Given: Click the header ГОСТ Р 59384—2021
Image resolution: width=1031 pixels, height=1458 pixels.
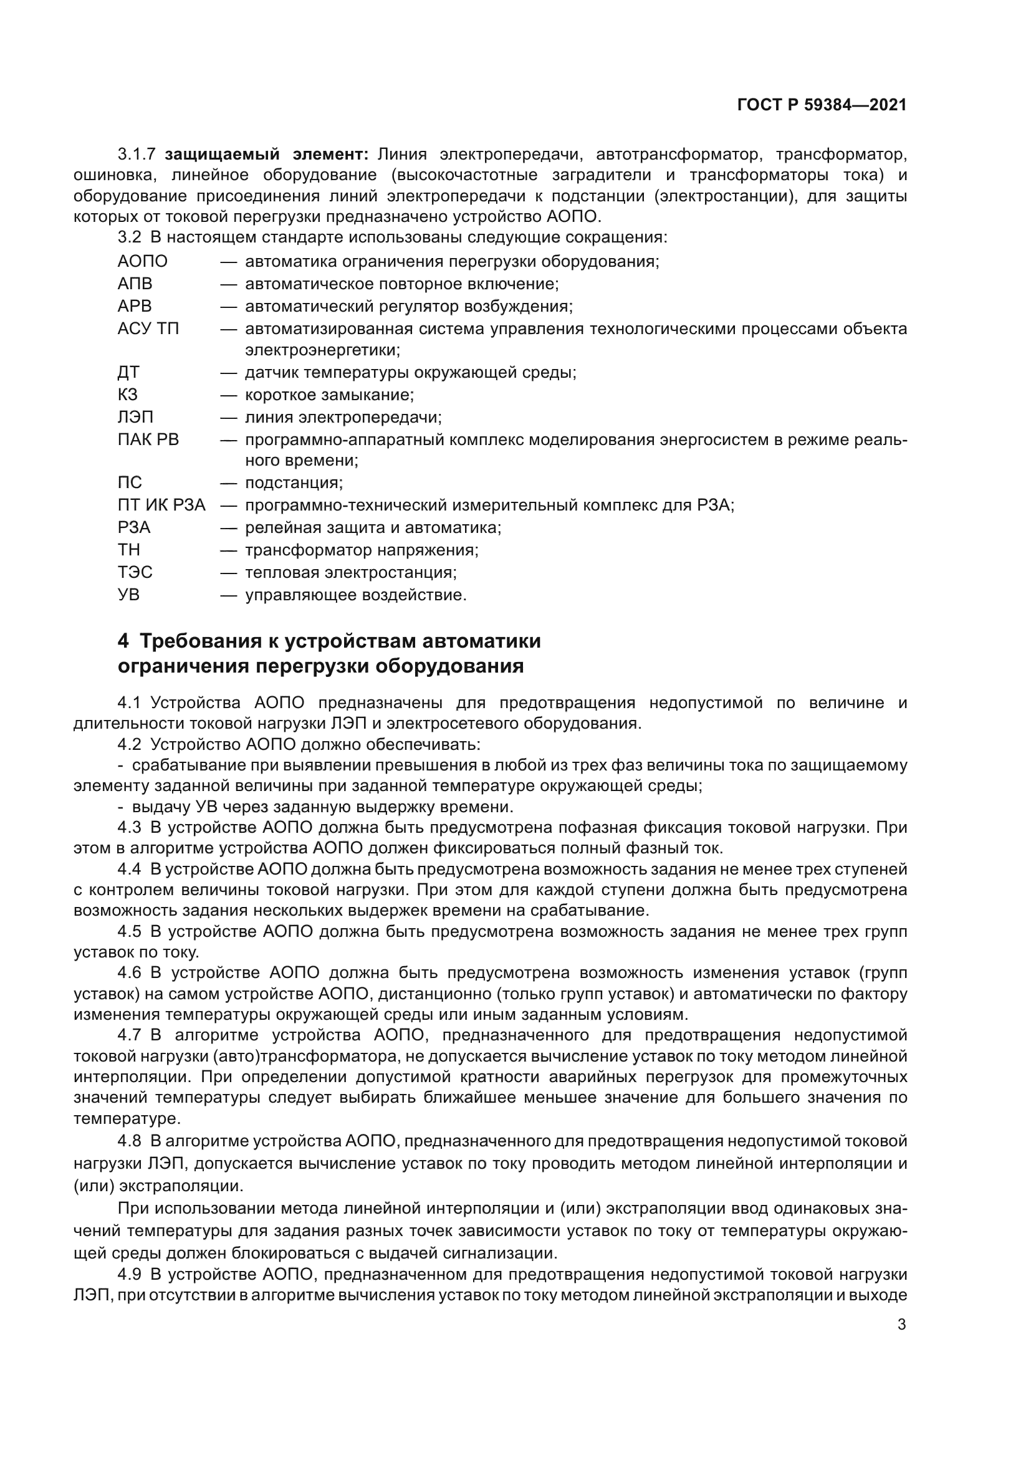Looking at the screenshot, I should [x=822, y=105].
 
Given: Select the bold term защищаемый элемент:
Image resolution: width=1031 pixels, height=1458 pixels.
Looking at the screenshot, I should [x=266, y=155].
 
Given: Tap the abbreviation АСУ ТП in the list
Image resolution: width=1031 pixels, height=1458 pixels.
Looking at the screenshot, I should [x=148, y=329].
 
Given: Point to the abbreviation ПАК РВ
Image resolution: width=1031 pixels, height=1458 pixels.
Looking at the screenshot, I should [x=148, y=439].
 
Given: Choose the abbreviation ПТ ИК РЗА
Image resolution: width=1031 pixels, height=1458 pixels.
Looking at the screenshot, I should [x=161, y=506].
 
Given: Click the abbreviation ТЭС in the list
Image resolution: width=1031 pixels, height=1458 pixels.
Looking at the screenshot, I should [x=135, y=573].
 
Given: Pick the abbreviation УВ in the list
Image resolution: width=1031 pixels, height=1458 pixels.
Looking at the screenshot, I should [x=128, y=595].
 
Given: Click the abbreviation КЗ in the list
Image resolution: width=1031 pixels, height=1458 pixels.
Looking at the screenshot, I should [x=127, y=395].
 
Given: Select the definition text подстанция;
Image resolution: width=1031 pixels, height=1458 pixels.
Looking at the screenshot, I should [x=294, y=483].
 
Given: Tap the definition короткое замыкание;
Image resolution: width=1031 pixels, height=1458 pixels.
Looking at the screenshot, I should [x=330, y=395].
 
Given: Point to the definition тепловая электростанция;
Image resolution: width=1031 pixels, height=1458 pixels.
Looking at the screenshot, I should [x=350, y=573].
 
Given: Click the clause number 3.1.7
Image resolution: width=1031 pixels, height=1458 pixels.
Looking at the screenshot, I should [x=137, y=155].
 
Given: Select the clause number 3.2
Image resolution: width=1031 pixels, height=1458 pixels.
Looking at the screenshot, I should [x=129, y=237].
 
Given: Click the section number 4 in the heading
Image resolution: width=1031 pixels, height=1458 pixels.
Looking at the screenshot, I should [x=123, y=641].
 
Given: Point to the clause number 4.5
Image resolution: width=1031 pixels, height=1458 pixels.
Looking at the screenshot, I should [x=129, y=931].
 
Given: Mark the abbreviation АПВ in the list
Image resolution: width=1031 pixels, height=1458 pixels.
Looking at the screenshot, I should [x=135, y=284].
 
